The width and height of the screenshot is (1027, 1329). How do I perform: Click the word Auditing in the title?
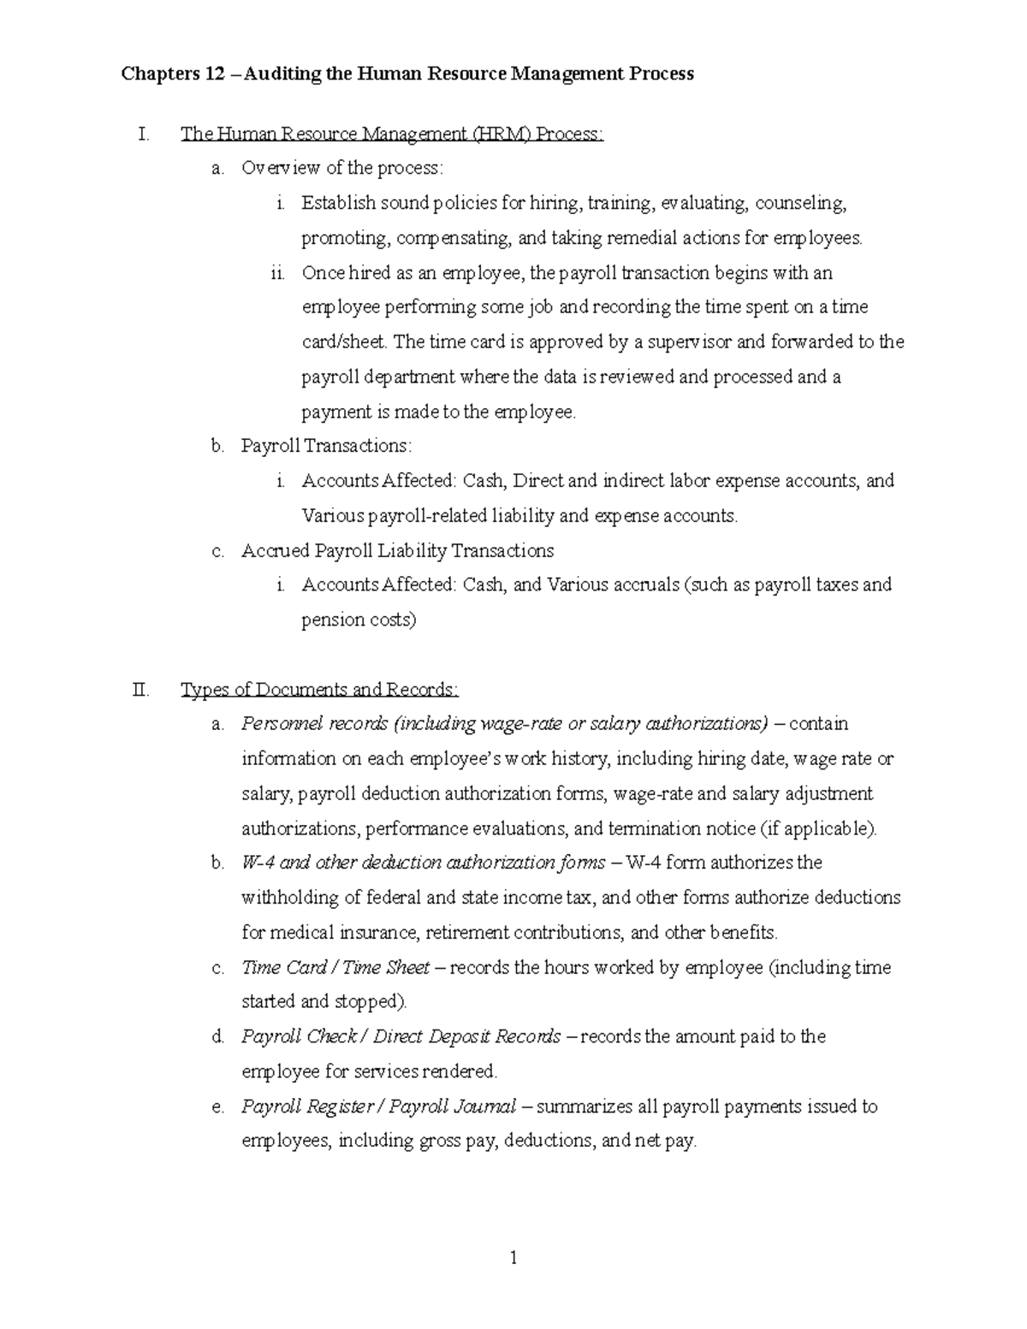click(283, 74)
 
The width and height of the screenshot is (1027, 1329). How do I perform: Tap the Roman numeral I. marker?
click(143, 134)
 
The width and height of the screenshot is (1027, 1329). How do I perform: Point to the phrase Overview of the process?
click(342, 169)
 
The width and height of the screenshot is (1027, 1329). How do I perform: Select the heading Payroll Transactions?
click(326, 446)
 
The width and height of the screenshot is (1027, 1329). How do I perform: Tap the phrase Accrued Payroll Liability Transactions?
click(397, 550)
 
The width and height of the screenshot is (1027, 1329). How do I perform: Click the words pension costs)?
click(359, 620)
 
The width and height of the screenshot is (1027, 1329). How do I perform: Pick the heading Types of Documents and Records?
click(320, 690)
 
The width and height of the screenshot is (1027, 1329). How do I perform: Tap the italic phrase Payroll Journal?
click(453, 1107)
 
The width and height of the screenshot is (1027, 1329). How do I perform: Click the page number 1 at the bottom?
click(513, 1258)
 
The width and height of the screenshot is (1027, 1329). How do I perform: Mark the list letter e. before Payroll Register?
click(217, 1107)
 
